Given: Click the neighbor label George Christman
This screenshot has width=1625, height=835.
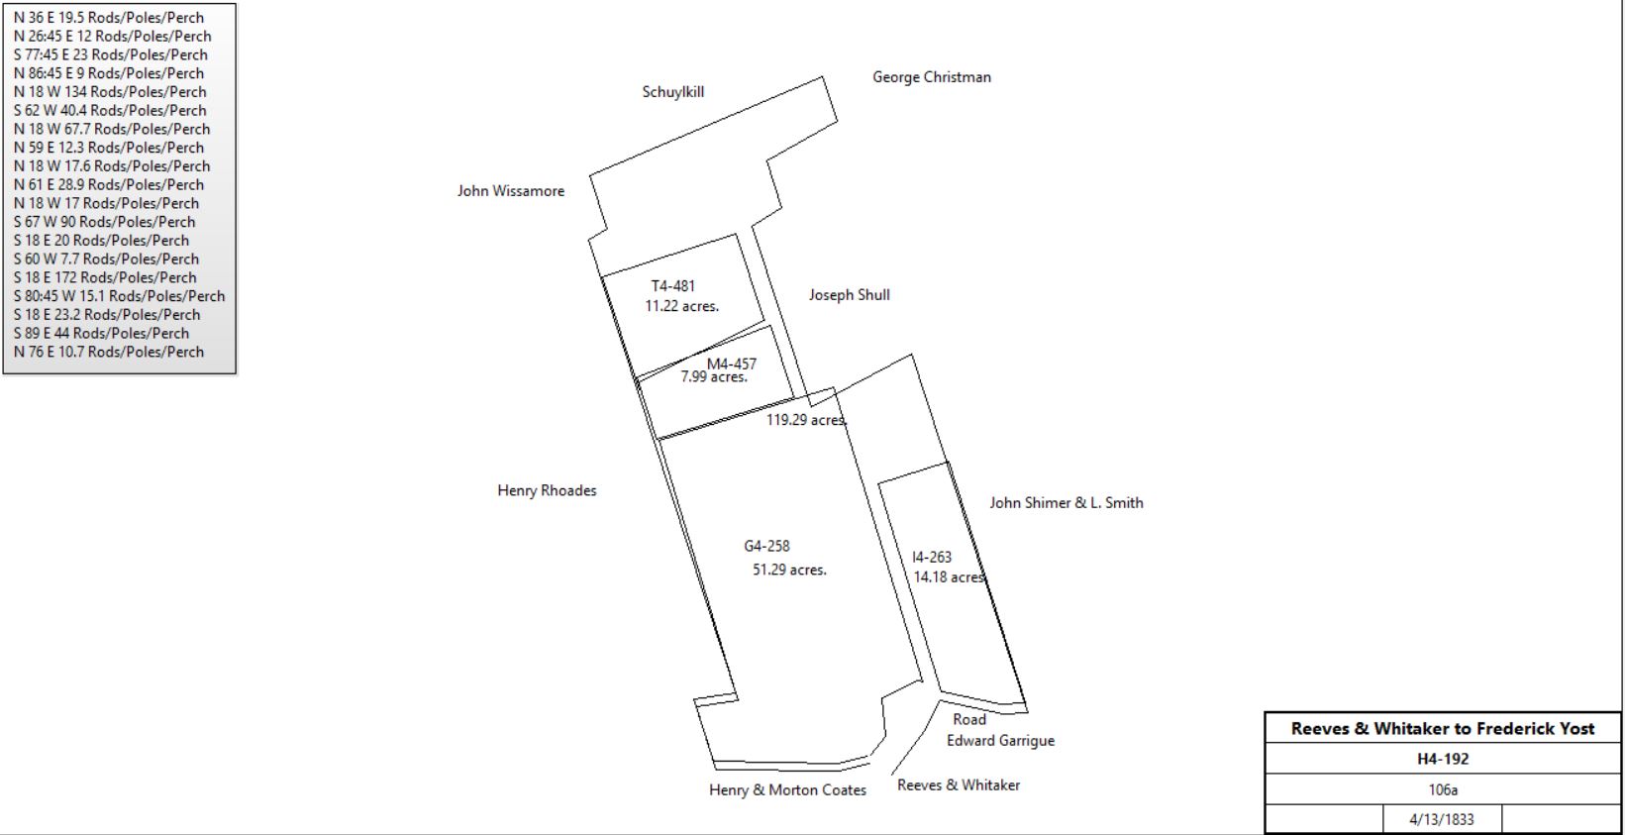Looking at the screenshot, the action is point(932,77).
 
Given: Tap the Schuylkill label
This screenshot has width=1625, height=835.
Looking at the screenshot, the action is point(673,92).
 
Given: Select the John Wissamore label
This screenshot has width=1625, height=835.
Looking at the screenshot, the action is point(511,191).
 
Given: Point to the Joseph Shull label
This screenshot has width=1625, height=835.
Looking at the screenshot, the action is point(850,294).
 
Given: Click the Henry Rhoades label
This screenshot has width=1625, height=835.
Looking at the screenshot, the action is point(547,490).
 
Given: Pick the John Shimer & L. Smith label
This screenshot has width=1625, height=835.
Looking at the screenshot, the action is point(1066,503).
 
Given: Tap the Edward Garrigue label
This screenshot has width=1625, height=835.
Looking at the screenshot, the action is point(1000,741).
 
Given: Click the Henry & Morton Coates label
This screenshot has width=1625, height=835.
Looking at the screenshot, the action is point(788,790).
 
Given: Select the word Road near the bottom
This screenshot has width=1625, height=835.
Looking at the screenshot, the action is point(969,719).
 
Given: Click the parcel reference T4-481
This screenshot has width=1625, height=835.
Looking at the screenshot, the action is point(673,286).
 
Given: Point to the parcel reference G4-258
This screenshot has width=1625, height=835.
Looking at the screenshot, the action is point(766,547).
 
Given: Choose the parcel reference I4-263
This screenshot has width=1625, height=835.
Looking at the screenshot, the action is point(932,557).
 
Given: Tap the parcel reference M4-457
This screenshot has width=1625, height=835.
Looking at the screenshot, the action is point(732,364).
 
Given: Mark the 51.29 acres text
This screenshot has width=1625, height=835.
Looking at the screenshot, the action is point(789,571).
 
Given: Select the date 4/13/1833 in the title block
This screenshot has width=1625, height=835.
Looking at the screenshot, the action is point(1442,820).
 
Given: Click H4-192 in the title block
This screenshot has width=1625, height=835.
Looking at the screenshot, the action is point(1443,759).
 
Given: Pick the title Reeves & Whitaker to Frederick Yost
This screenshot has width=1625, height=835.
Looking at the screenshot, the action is point(1443,728).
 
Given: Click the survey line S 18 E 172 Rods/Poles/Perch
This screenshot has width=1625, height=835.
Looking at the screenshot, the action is point(105,278).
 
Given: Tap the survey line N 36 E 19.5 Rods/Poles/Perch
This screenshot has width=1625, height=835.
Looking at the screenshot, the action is point(109,18).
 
